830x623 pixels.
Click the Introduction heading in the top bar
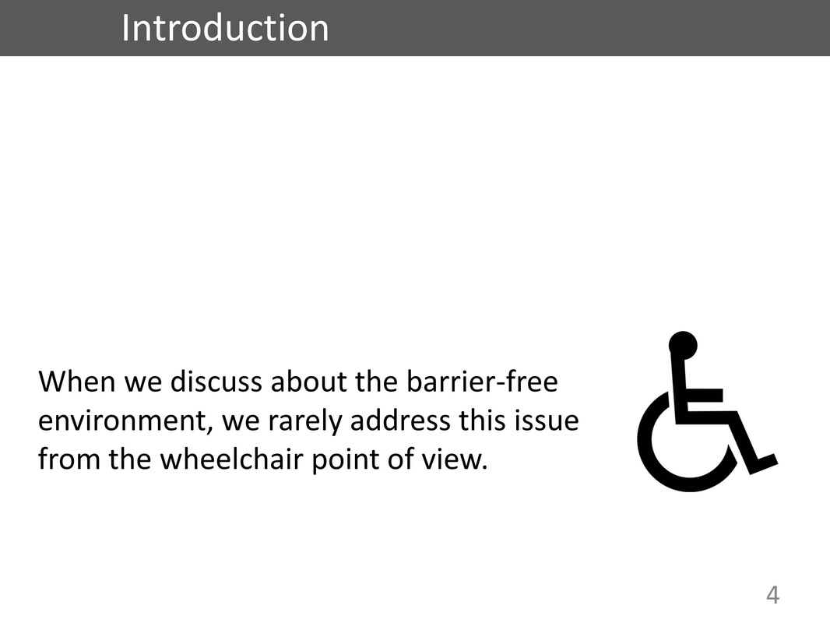click(225, 27)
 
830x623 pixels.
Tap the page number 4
click(772, 595)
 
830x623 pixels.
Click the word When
click(77, 381)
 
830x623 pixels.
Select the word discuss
click(216, 381)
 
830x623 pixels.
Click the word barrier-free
click(482, 381)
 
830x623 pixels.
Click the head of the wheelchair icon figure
click(683, 346)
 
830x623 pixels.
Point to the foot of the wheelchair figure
click(762, 463)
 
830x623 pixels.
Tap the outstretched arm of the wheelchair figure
click(704, 396)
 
